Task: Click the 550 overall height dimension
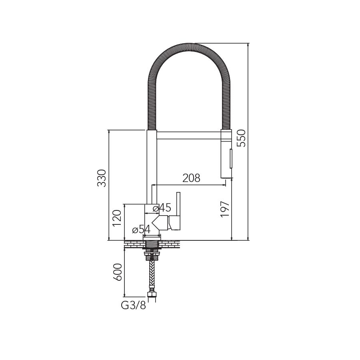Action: click(x=242, y=138)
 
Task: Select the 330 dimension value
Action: click(x=102, y=178)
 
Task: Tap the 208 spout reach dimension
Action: click(x=191, y=178)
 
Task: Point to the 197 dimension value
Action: click(x=225, y=209)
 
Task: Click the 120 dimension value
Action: click(x=117, y=218)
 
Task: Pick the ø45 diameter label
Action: click(x=162, y=208)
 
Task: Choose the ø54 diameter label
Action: click(x=141, y=230)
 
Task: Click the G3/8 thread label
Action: click(x=133, y=306)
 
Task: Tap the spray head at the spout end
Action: click(x=226, y=154)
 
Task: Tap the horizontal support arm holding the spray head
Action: click(x=188, y=135)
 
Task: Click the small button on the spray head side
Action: click(x=230, y=158)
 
